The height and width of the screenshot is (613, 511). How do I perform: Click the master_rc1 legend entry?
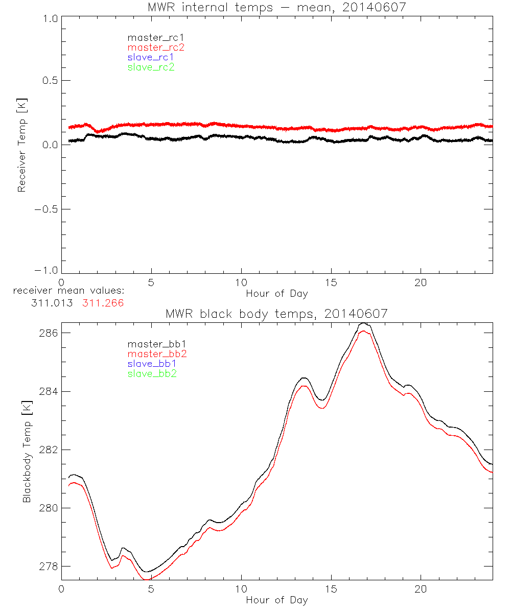pos(151,38)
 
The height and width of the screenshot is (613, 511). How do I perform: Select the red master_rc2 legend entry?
pos(155,48)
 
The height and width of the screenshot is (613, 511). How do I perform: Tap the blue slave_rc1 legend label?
pos(151,57)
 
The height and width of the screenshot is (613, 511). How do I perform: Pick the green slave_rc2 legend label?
pos(151,67)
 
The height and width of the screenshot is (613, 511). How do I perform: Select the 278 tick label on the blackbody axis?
pos(49,567)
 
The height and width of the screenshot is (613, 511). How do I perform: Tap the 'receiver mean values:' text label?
pos(69,292)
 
